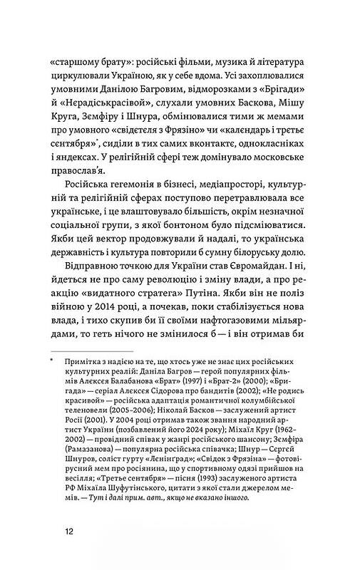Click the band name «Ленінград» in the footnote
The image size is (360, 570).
point(185,480)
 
